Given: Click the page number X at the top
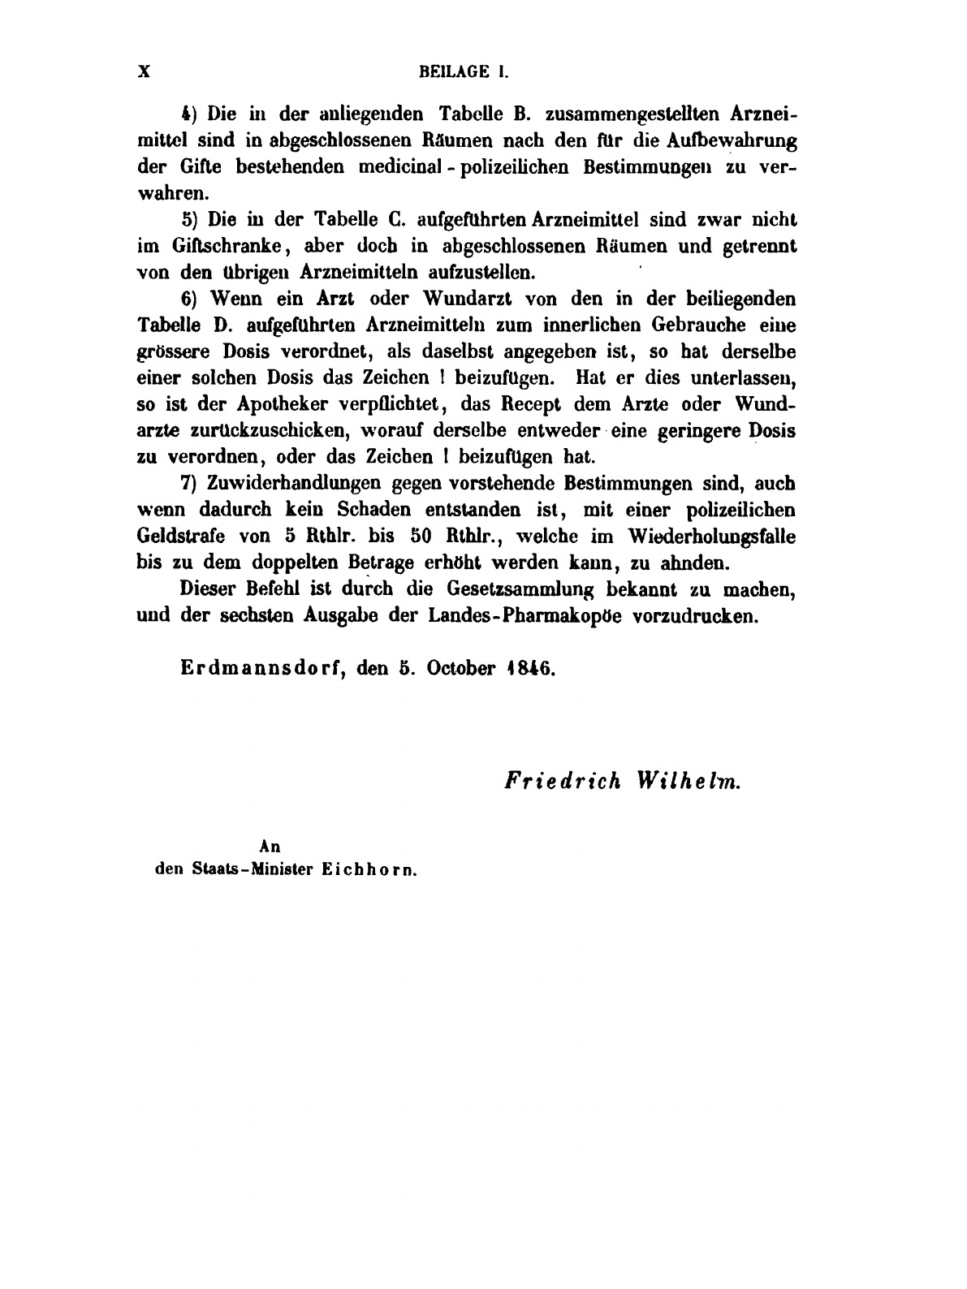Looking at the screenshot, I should coord(145,71).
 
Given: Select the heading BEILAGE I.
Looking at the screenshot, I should coord(464,71).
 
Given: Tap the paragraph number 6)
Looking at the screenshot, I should coord(189,299).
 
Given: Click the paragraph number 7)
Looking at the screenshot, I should coord(189,483).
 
